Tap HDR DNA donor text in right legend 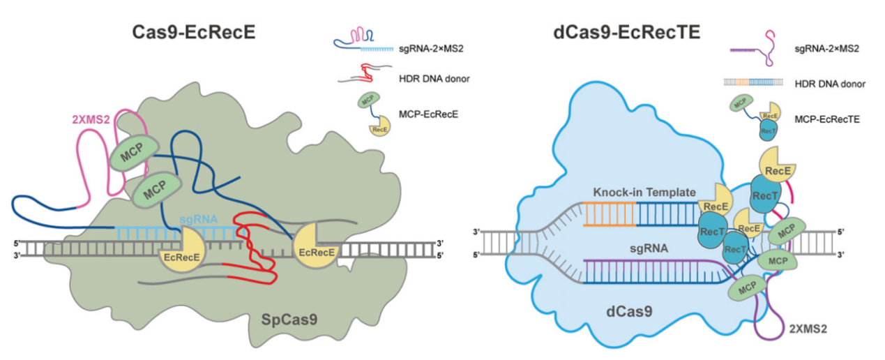click(x=829, y=84)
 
